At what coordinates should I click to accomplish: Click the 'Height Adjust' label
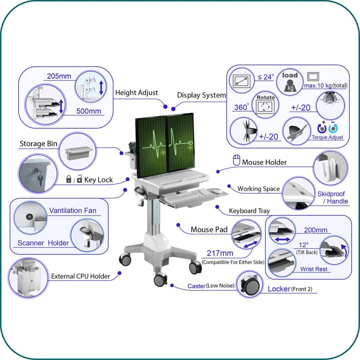[136, 93]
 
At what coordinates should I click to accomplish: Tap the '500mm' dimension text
[88, 111]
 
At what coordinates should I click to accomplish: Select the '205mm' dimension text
[59, 76]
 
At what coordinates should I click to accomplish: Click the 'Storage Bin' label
[38, 144]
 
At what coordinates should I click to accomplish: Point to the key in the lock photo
[40, 179]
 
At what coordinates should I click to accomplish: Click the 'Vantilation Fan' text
[73, 211]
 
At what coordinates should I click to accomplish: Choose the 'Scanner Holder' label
[43, 243]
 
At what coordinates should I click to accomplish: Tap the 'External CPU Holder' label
[80, 276]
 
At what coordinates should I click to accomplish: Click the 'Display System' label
[201, 95]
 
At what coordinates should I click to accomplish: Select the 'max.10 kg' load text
[318, 85]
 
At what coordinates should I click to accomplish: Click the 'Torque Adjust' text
[327, 137]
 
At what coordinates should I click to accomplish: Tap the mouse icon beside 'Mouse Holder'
[236, 160]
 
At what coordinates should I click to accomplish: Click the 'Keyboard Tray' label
[249, 211]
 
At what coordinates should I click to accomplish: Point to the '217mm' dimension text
[220, 253]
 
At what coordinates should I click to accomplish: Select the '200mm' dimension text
[316, 230]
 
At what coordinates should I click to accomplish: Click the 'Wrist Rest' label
[314, 269]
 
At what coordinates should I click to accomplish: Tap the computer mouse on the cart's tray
[216, 191]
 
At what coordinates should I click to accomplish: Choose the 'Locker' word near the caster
[279, 289]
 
